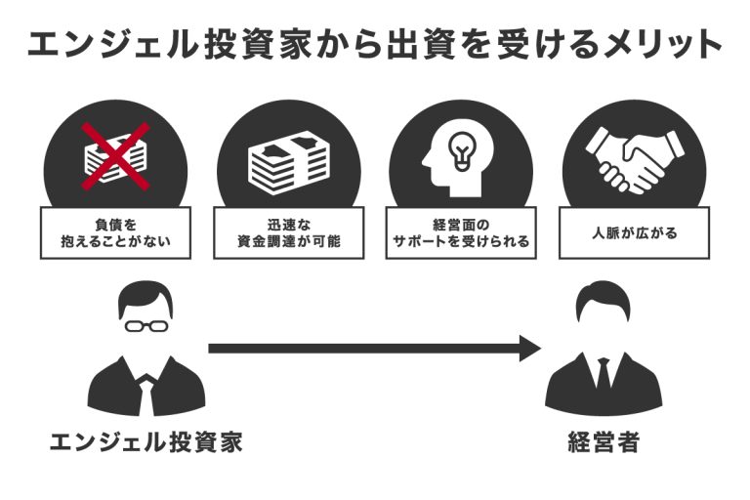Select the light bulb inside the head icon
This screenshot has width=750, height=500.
click(x=459, y=149)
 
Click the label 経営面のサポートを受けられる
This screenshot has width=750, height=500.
click(x=460, y=231)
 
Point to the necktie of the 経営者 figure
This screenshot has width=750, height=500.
click(x=603, y=376)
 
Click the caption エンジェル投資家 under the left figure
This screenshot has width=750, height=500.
click(x=146, y=442)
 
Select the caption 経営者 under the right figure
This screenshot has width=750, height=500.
click(x=603, y=442)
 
